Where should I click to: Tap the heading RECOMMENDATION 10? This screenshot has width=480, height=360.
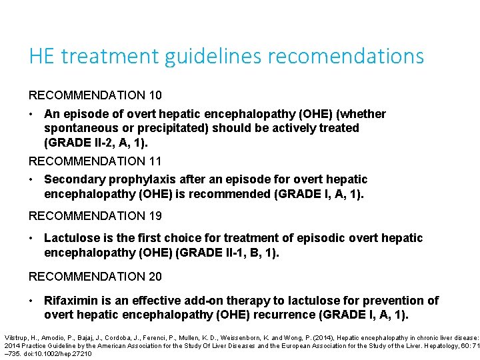pyautogui.click(x=95, y=95)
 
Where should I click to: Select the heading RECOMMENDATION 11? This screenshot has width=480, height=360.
pyautogui.click(x=95, y=161)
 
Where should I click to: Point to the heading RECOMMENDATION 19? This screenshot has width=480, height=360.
pyautogui.click(x=95, y=215)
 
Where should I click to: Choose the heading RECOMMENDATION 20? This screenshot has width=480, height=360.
pyautogui.click(x=95, y=276)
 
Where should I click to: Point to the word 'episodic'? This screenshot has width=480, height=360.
pyautogui.click(x=288, y=238)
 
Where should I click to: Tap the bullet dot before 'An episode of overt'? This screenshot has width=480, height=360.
pyautogui.click(x=32, y=114)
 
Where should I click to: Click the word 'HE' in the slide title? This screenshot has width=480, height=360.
pyautogui.click(x=41, y=56)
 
